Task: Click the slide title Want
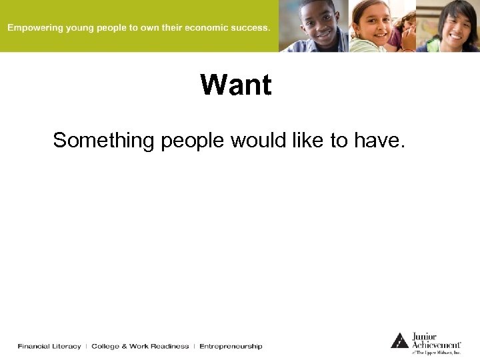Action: coord(236,85)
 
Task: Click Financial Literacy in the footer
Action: coord(49,346)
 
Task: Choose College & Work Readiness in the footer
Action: coord(140,346)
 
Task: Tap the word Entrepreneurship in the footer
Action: coord(231,346)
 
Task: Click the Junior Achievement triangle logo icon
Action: coord(399,341)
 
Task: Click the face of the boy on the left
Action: coord(320,21)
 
